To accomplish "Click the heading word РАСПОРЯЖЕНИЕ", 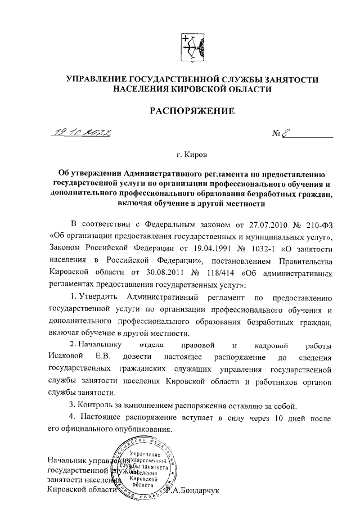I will coord(191,111).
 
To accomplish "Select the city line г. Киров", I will coord(191,154).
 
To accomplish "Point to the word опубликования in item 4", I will coord(143,430).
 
